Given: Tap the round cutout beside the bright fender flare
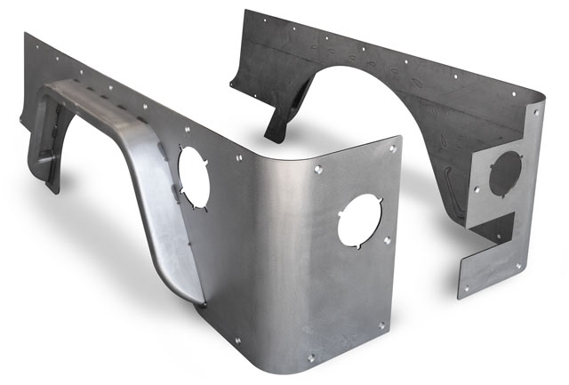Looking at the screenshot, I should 193,172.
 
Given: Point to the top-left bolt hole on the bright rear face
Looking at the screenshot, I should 317,167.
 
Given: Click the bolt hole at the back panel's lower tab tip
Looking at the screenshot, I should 465,288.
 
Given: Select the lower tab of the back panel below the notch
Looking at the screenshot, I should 485,267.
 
